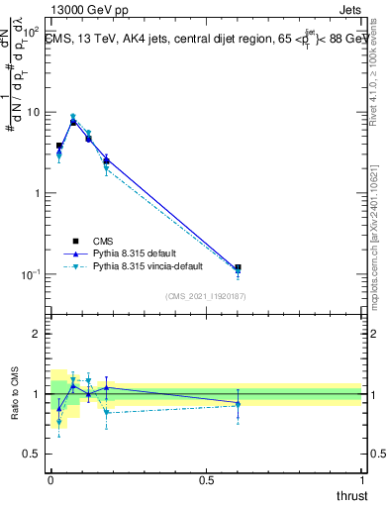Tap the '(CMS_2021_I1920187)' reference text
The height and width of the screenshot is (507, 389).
tap(205, 296)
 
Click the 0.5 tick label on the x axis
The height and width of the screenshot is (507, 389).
tap(206, 479)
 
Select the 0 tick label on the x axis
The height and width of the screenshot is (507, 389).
tap(50, 479)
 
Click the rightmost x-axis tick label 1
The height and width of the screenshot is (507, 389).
tap(361, 479)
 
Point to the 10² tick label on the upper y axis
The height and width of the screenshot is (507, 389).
tap(33, 32)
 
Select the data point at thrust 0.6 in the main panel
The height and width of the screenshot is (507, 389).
tap(238, 268)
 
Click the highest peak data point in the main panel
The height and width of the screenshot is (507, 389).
tap(73, 121)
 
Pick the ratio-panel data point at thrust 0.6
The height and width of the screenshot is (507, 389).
tap(238, 403)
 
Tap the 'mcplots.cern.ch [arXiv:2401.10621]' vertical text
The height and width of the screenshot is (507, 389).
tap(379, 238)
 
